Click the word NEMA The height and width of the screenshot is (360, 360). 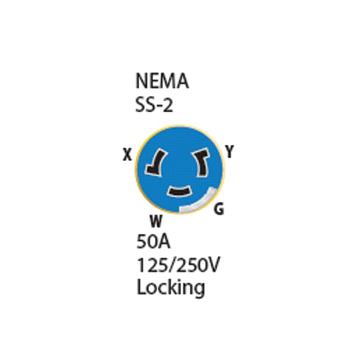click(x=162, y=81)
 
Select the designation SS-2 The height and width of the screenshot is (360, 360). click(x=154, y=105)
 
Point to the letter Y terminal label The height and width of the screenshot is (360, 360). click(x=230, y=152)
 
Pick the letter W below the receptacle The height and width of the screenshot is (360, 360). click(x=155, y=221)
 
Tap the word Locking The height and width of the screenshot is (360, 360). click(x=170, y=287)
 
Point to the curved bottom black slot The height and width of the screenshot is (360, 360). click(x=180, y=191)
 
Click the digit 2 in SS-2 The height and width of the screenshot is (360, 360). click(x=169, y=105)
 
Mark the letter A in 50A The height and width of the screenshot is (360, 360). click(x=165, y=241)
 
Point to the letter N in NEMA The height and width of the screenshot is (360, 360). click(x=141, y=81)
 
